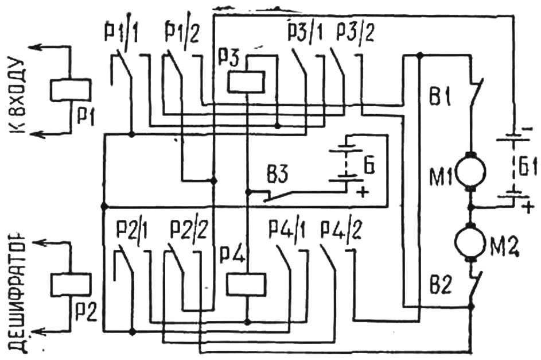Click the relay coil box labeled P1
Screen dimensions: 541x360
(x=71, y=90)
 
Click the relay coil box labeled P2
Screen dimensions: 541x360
(x=71, y=284)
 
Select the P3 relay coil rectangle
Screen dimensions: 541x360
(x=246, y=82)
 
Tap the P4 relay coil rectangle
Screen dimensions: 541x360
(x=246, y=284)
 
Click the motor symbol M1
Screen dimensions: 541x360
(x=471, y=172)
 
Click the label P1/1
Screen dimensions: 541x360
(x=120, y=33)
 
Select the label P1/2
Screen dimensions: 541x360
(x=182, y=33)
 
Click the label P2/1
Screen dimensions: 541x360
(x=131, y=230)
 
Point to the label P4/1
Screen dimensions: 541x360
(x=287, y=230)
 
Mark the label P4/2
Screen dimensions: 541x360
(x=341, y=230)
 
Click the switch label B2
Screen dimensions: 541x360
(x=441, y=285)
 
